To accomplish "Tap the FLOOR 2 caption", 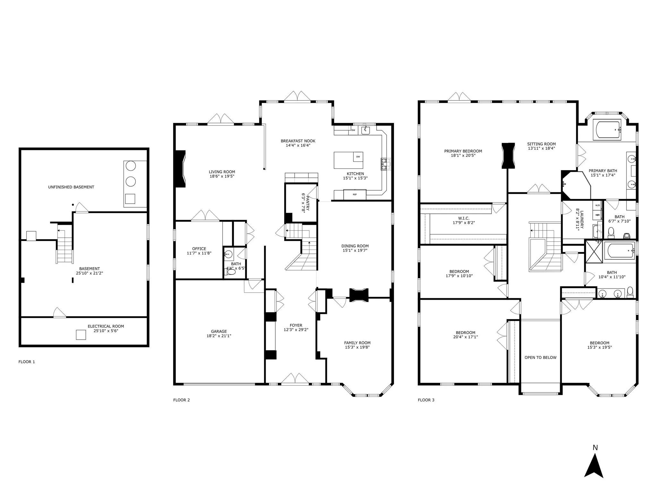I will coord(182,400).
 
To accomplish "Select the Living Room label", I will coord(222,172).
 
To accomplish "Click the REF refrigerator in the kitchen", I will coord(355,195).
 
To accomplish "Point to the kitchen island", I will coord(348,160).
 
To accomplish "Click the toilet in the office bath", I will coord(231,272).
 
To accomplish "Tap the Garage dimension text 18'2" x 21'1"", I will coord(219,336).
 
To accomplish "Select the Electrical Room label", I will coord(106,326).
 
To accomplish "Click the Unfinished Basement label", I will coord(71,187).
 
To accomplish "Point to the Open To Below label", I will coord(541,358).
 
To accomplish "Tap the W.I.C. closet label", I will coord(464,218).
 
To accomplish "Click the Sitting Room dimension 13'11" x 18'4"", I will coord(542,148).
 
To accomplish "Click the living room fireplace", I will coord(180,169).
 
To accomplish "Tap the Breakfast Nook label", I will coord(298,141).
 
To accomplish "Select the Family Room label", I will coord(357,343).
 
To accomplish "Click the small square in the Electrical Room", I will coord(81,335).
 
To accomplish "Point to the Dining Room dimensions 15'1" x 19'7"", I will coord(355,250).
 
